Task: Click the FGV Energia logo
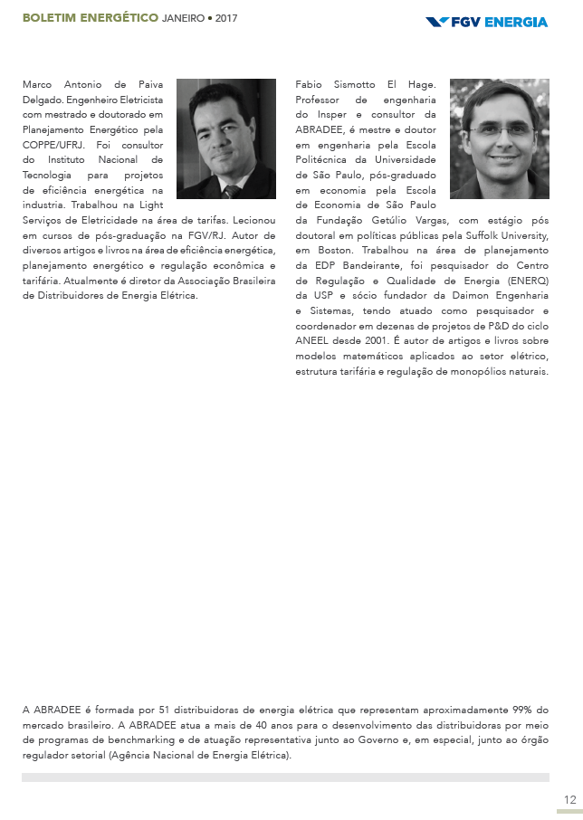click(486, 21)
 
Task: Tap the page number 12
click(569, 799)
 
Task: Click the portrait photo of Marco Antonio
click(225, 138)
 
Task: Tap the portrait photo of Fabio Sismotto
click(499, 138)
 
